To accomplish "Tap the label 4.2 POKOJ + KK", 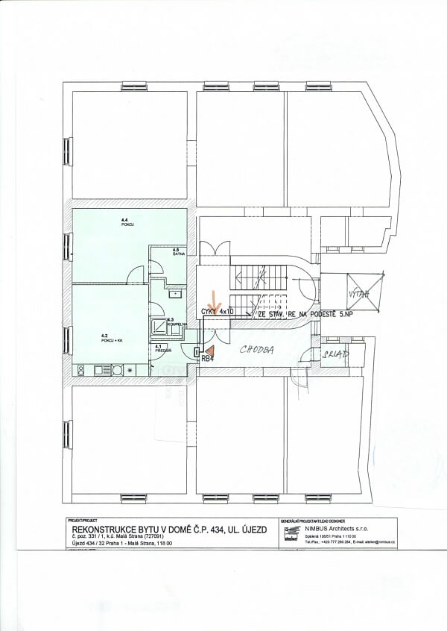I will (112, 338).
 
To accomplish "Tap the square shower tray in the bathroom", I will (159, 325).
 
